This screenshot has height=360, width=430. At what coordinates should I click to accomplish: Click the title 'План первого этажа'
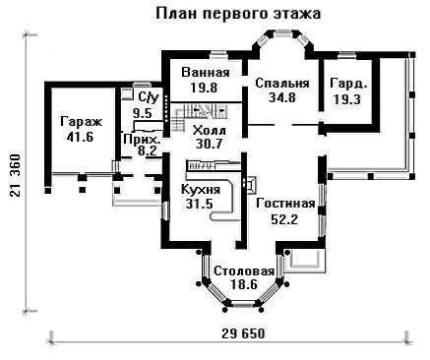pyautogui.click(x=238, y=15)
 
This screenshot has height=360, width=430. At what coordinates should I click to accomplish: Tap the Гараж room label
pyautogui.click(x=82, y=122)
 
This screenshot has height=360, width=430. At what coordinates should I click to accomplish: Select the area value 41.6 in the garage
pyautogui.click(x=80, y=137)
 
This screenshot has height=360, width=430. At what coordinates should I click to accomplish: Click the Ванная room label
pyautogui.click(x=206, y=73)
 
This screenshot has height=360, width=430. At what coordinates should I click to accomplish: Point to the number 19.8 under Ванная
pyautogui.click(x=204, y=88)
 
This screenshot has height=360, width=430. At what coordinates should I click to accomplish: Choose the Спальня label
pyautogui.click(x=282, y=84)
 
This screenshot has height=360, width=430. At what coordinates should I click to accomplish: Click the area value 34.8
pyautogui.click(x=282, y=97)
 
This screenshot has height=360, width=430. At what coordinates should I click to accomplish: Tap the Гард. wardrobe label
pyautogui.click(x=348, y=84)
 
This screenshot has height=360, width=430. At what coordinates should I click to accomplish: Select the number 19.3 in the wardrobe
pyautogui.click(x=347, y=99)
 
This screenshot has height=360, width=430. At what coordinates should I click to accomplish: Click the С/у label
pyautogui.click(x=149, y=97)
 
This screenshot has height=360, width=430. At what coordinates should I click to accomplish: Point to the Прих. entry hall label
pyautogui.click(x=143, y=140)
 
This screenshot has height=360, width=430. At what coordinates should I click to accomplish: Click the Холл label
pyautogui.click(x=210, y=131)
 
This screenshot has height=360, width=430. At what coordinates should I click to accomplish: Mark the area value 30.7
pyautogui.click(x=209, y=145)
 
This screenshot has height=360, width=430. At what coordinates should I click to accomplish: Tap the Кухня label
pyautogui.click(x=201, y=190)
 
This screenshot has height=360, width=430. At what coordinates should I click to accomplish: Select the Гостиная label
pyautogui.click(x=285, y=204)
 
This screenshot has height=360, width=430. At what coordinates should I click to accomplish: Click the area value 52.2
pyautogui.click(x=284, y=219)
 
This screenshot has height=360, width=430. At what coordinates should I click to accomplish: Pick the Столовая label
pyautogui.click(x=244, y=271)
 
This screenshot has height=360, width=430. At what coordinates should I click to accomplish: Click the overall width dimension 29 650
pyautogui.click(x=243, y=334)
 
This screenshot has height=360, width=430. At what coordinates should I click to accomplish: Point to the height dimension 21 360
pyautogui.click(x=16, y=175)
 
